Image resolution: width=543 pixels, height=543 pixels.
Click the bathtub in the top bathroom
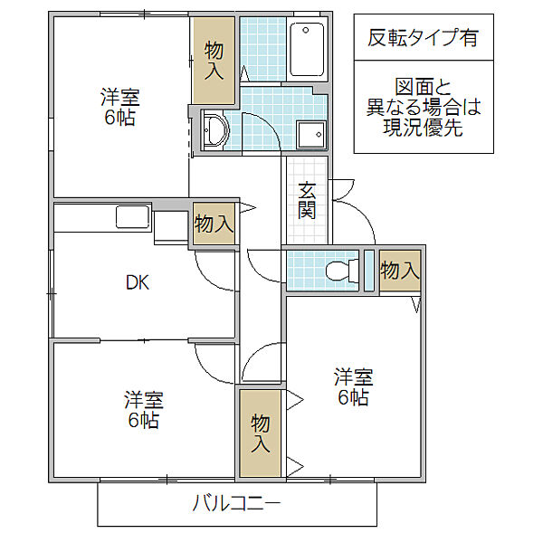307,49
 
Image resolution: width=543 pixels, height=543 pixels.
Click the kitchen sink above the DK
133,217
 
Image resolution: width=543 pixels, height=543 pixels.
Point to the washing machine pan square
311,134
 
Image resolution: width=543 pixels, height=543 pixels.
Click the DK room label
138,282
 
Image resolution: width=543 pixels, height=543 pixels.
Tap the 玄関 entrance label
307,201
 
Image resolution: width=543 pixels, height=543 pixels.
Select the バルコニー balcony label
236,503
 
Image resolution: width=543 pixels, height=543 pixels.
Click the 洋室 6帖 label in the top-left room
120,107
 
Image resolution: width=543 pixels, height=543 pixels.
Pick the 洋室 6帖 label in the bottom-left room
144,410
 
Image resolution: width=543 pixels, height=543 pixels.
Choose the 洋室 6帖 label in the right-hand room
354,386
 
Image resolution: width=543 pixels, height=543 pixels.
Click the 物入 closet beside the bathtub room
214,61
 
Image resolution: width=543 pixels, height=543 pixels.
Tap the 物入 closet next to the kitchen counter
214,224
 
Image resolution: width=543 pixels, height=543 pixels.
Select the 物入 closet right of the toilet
400,271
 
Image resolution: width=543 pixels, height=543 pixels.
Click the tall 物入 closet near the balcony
260,433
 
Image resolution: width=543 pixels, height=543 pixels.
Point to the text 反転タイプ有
424,37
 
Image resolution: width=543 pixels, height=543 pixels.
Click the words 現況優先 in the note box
424,128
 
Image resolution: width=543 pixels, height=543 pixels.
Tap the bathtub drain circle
306,30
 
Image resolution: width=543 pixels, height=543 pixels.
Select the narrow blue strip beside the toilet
369,270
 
